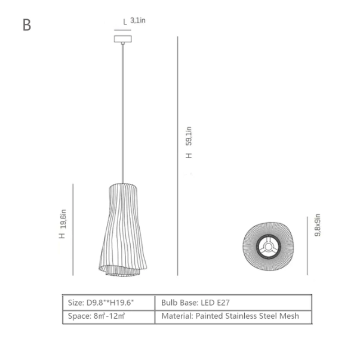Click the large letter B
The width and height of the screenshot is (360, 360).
27,25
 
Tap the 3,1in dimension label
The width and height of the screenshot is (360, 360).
138,20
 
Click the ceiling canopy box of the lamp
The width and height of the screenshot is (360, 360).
123,39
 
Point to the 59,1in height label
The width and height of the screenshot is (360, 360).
189,136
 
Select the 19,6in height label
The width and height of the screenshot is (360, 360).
63,219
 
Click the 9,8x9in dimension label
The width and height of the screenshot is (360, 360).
318,225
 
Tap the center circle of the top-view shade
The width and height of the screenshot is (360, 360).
268,247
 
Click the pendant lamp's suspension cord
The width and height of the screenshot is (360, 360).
123,113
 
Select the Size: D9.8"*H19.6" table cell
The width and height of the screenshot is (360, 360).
109,303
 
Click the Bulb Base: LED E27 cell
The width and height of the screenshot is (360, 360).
233,303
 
